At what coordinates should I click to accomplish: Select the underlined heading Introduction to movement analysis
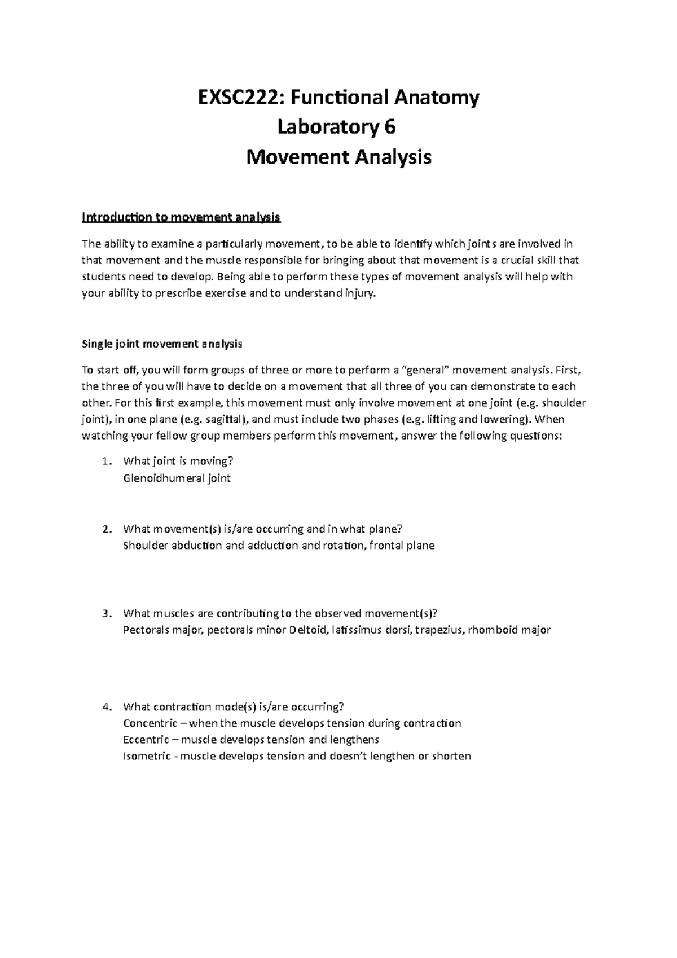(x=181, y=217)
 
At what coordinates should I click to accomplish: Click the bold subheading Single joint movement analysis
(x=162, y=344)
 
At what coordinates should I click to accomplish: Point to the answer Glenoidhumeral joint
(x=176, y=478)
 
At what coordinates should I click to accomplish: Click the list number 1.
(x=107, y=462)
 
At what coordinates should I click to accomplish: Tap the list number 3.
(x=107, y=613)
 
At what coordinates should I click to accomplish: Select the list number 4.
(x=107, y=707)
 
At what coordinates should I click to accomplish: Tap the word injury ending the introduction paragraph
(x=359, y=293)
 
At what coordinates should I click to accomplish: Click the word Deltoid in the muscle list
(x=308, y=630)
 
